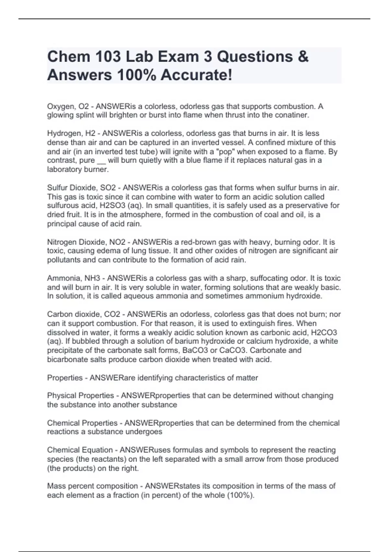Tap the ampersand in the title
point(302,56)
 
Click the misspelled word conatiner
point(292,115)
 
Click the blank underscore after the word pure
point(101,161)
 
